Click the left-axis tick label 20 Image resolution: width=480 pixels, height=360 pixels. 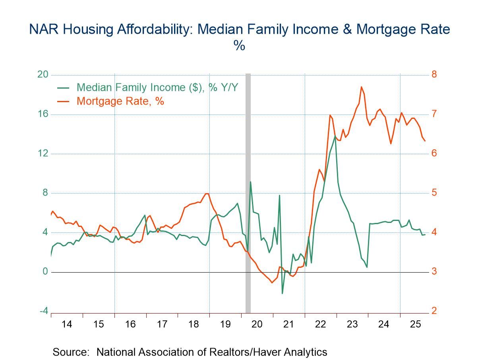[43, 75]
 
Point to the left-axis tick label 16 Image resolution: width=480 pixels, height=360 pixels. [43, 114]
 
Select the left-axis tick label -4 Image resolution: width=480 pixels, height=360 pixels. [43, 311]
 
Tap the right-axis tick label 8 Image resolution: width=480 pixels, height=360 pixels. [434, 75]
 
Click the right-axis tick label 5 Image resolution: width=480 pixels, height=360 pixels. [434, 193]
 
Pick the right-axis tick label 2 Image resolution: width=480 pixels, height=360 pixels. [434, 311]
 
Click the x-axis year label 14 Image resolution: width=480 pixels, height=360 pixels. [67, 324]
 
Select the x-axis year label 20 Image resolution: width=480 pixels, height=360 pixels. [257, 324]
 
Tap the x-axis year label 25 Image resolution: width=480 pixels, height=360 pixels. [415, 324]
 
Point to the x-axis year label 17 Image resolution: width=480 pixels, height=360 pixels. [162, 324]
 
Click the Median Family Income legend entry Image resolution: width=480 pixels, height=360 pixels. [157, 87]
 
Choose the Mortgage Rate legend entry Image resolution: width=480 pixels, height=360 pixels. [120, 101]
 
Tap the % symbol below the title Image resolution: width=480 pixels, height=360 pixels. [239, 46]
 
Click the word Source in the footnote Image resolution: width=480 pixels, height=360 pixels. [70, 352]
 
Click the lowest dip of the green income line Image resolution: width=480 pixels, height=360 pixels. [282, 293]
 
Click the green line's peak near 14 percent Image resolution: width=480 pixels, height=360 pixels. [335, 136]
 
